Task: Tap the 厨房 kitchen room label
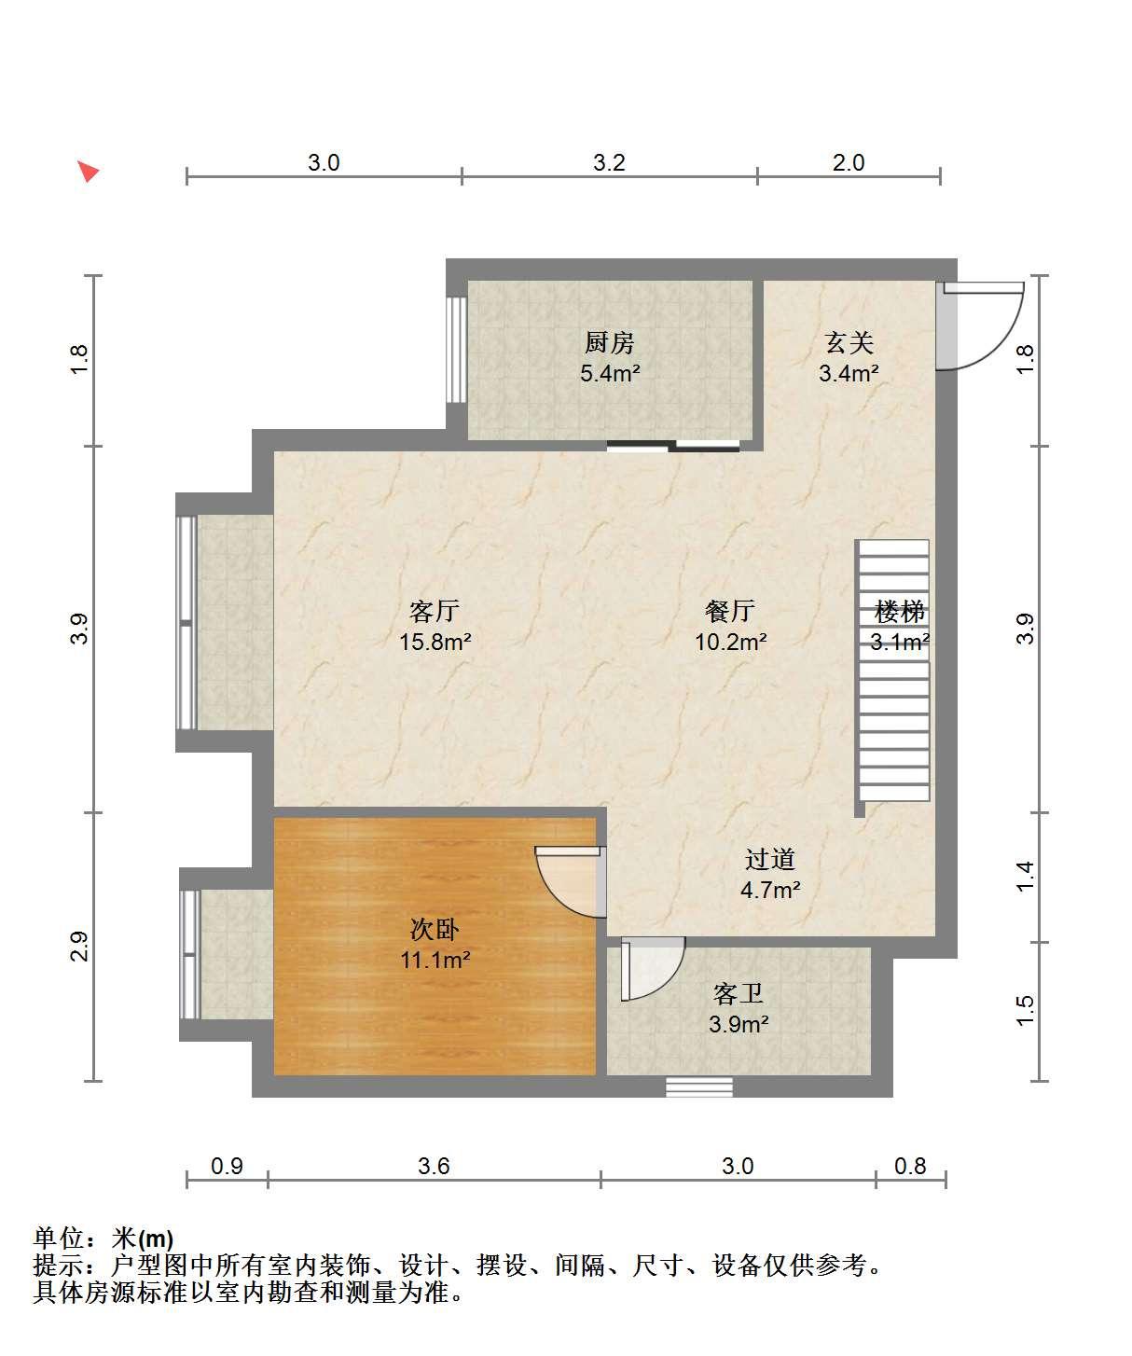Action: (x=609, y=342)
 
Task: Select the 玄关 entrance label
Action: (x=849, y=342)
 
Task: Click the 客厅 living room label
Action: (x=434, y=611)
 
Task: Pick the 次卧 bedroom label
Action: (x=434, y=929)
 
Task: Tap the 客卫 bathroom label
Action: (x=738, y=993)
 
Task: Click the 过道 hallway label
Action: (x=769, y=859)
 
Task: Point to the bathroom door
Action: (x=652, y=968)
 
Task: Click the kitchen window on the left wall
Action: (x=457, y=350)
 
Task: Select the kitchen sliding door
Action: (x=673, y=446)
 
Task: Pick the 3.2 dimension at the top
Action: (x=609, y=162)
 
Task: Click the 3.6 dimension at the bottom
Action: (x=434, y=1166)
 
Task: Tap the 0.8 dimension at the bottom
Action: (x=910, y=1166)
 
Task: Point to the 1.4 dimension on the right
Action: (x=1024, y=876)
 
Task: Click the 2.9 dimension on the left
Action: (x=78, y=946)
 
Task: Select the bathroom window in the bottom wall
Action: (x=699, y=1086)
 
